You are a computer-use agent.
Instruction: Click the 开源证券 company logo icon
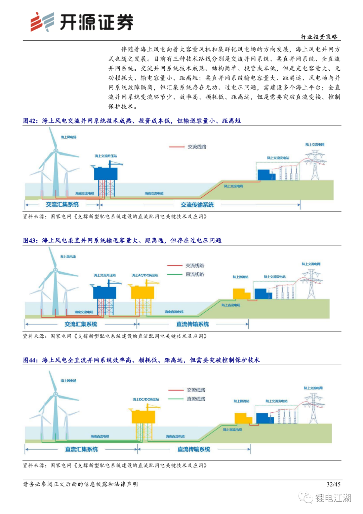tap(42, 22)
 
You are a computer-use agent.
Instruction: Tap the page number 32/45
tap(333, 484)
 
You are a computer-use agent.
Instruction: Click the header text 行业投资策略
tap(319, 37)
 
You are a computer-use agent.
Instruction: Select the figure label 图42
tap(31, 121)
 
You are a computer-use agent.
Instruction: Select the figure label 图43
tap(31, 240)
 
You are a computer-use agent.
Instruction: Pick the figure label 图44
tap(31, 360)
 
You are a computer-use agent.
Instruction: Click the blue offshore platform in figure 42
tap(106, 173)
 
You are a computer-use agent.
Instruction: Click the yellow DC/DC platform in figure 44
tap(143, 416)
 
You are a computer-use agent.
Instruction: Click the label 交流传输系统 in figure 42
tap(197, 205)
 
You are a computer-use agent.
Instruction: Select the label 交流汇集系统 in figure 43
tap(81, 324)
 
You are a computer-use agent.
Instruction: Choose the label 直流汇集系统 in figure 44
tap(81, 449)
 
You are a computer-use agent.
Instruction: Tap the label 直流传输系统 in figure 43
tap(193, 324)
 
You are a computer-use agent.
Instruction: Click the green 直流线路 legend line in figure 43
tap(175, 274)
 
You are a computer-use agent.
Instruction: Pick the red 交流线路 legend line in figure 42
tap(177, 147)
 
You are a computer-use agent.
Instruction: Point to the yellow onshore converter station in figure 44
tap(243, 419)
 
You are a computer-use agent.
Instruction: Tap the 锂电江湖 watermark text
tap(333, 498)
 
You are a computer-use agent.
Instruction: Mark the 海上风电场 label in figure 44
tap(68, 381)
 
